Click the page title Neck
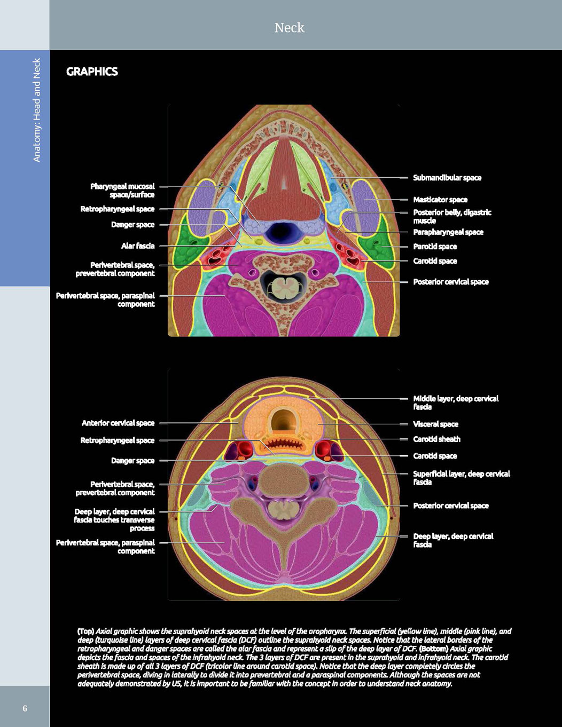(289, 28)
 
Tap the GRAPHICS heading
(92, 72)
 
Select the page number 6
(25, 708)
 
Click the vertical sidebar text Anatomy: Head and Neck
(37, 110)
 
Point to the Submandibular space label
(447, 178)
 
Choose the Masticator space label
(440, 200)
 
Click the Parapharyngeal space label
(448, 232)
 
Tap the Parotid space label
(435, 247)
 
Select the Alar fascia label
(138, 246)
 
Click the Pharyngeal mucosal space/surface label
(122, 191)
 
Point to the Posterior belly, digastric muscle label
(452, 217)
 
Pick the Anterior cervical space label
(118, 423)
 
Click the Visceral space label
(435, 424)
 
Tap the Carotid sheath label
(437, 439)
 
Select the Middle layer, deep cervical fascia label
(456, 403)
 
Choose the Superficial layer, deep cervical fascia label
(462, 478)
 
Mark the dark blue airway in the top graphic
(281, 231)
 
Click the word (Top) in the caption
(85, 631)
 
